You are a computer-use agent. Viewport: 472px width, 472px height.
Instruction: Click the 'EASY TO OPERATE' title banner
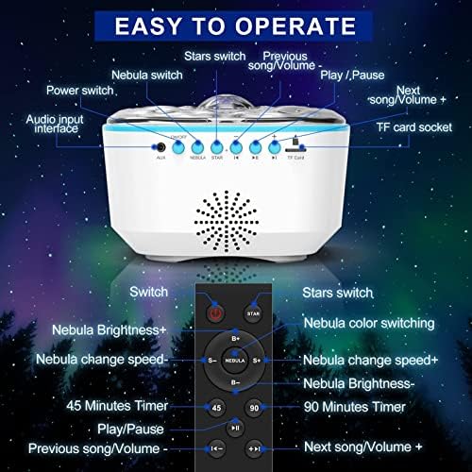[x=235, y=25]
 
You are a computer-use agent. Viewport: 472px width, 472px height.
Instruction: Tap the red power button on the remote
[x=216, y=313]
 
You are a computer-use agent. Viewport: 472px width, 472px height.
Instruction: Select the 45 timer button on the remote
[x=216, y=409]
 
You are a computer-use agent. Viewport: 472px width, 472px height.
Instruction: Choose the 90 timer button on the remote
[x=254, y=409]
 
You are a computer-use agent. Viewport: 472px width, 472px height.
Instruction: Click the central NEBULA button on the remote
[x=235, y=361]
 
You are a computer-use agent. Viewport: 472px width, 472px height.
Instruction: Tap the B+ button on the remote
[x=235, y=338]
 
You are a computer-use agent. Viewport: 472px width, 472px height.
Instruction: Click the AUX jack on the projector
[x=161, y=147]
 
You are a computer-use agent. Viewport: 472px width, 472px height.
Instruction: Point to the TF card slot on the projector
[x=295, y=146]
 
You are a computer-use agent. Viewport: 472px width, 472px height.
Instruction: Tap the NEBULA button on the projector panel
[x=198, y=147]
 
